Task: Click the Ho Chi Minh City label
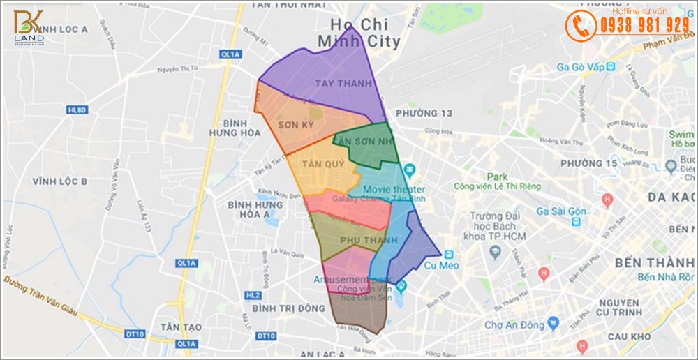pyautogui.click(x=359, y=33)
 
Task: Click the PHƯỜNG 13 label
pyautogui.click(x=424, y=113)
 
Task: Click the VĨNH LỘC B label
pyautogui.click(x=59, y=181)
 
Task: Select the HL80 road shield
pyautogui.click(x=76, y=110)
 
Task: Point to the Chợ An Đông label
pyautogui.click(x=514, y=324)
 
